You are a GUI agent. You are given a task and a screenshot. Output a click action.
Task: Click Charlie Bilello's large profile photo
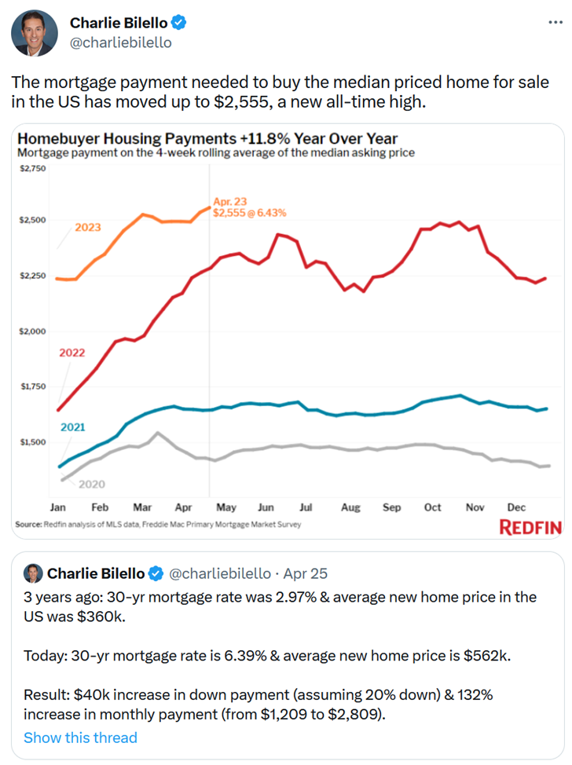coord(35,33)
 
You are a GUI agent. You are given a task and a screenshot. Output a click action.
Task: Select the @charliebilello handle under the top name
coord(120,42)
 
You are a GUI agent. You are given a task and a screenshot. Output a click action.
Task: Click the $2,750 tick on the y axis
coord(31,169)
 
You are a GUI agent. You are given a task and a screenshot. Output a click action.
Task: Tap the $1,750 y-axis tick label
coord(31,386)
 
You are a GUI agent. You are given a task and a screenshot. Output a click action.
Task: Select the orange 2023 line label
coord(87,228)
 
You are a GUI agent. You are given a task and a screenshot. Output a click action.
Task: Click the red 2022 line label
coord(72,353)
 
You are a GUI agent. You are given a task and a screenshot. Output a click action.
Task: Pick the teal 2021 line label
coord(72,427)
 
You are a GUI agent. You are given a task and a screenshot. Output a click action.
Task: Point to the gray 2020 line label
coord(91,484)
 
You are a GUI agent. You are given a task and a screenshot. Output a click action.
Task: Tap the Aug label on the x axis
coord(350,508)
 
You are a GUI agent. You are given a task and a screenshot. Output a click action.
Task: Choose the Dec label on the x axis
coord(515,508)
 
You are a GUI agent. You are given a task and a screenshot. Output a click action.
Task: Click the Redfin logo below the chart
coord(531,527)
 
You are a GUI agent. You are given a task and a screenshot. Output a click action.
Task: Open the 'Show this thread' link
coord(80,738)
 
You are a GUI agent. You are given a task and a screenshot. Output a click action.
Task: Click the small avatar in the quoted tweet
coord(33,573)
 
